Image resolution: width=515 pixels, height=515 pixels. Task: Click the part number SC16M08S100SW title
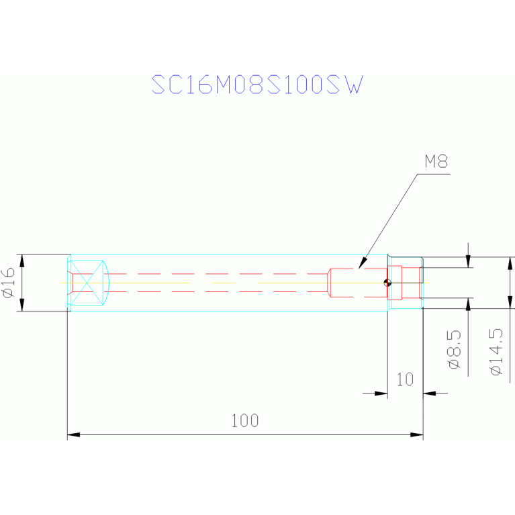(257, 85)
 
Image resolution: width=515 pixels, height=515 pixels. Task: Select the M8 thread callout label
(436, 161)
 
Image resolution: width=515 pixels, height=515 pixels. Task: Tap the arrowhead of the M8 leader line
(363, 263)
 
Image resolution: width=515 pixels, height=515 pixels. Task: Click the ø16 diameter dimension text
(9, 283)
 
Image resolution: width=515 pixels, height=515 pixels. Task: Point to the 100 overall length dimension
(245, 421)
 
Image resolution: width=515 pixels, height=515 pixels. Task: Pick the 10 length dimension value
(405, 379)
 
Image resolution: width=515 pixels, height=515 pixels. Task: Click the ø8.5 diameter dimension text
(455, 349)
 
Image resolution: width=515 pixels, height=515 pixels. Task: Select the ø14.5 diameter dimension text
(496, 352)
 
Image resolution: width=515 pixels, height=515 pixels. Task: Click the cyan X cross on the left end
(87, 283)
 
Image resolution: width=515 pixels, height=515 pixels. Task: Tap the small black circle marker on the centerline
(387, 283)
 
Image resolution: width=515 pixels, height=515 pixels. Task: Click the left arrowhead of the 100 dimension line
(74, 434)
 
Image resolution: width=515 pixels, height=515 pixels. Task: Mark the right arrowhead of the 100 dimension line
(417, 434)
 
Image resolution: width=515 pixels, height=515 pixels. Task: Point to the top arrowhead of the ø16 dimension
(22, 261)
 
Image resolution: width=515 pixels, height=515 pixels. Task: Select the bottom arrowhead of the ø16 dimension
(22, 304)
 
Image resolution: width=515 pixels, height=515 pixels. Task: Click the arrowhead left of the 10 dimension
(381, 393)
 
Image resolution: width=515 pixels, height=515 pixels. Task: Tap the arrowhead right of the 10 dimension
(430, 393)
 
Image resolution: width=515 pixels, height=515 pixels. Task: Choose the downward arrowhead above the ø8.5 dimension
(469, 261)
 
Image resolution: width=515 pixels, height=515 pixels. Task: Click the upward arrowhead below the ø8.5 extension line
(469, 304)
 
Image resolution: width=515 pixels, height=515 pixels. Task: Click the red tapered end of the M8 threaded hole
(329, 283)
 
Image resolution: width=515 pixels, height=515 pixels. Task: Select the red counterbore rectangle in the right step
(395, 283)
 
